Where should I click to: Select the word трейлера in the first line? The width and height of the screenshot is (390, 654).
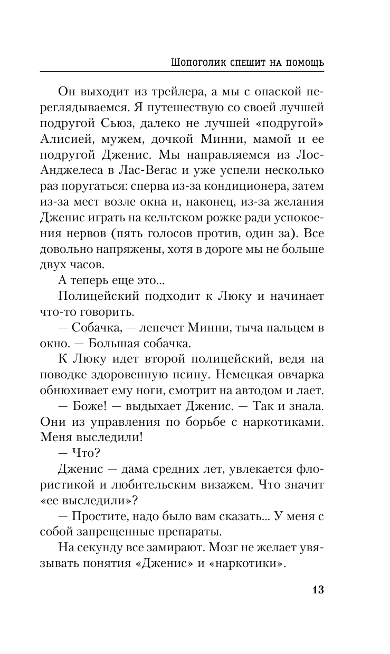coord(157,93)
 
